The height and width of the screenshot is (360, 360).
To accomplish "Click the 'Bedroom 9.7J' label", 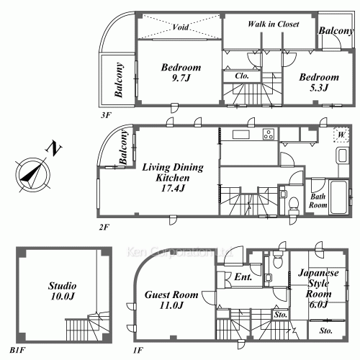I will point(181,73).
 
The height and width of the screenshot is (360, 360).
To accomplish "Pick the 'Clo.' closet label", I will point(242,75).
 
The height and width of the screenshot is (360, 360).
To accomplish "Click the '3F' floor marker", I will point(107,114).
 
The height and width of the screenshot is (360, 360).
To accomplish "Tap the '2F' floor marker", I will point(104,227).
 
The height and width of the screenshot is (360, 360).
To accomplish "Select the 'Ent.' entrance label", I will point(242,276).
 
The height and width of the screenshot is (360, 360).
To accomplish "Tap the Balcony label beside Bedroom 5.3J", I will point(337,32).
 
